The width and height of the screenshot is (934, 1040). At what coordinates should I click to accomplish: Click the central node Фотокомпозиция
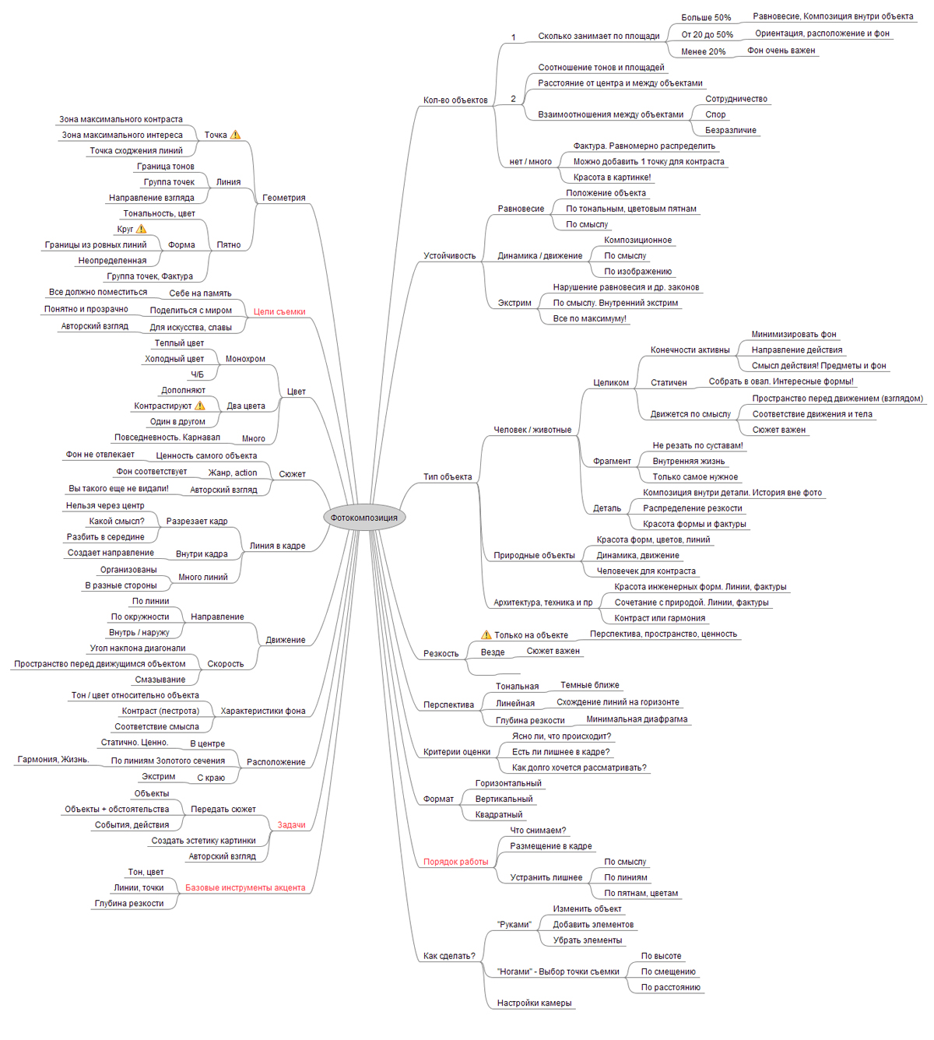[363, 518]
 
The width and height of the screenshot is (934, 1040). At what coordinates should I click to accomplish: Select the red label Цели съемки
[279, 311]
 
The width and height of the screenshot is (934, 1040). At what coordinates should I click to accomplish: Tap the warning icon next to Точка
[235, 135]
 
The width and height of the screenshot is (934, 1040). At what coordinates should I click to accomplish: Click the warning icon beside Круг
[141, 229]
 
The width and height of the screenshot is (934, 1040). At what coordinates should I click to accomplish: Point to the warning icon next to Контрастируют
[200, 406]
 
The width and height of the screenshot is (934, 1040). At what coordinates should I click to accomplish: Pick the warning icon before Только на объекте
[486, 635]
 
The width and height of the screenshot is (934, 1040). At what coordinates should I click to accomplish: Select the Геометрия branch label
[283, 198]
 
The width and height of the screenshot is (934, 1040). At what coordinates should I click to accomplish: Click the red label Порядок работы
[455, 862]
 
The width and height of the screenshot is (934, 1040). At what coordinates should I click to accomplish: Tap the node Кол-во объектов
[455, 100]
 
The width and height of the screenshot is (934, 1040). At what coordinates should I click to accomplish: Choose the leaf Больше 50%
[706, 18]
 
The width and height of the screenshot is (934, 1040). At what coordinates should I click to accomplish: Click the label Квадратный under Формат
[499, 815]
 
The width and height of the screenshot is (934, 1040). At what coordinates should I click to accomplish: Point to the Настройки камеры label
[534, 1003]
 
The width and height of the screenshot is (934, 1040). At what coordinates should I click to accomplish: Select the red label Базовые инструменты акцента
[245, 887]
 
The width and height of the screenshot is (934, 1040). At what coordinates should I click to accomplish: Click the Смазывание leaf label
[160, 680]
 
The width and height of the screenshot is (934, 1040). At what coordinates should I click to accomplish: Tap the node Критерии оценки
[457, 752]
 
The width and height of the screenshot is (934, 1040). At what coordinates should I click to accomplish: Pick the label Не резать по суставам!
[697, 446]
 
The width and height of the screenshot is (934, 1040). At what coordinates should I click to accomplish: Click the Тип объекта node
[448, 477]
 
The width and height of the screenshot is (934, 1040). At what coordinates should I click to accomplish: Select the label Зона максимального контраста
[121, 120]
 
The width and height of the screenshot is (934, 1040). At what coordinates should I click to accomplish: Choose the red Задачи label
[291, 825]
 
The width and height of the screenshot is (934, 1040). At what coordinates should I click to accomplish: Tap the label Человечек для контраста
[646, 571]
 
